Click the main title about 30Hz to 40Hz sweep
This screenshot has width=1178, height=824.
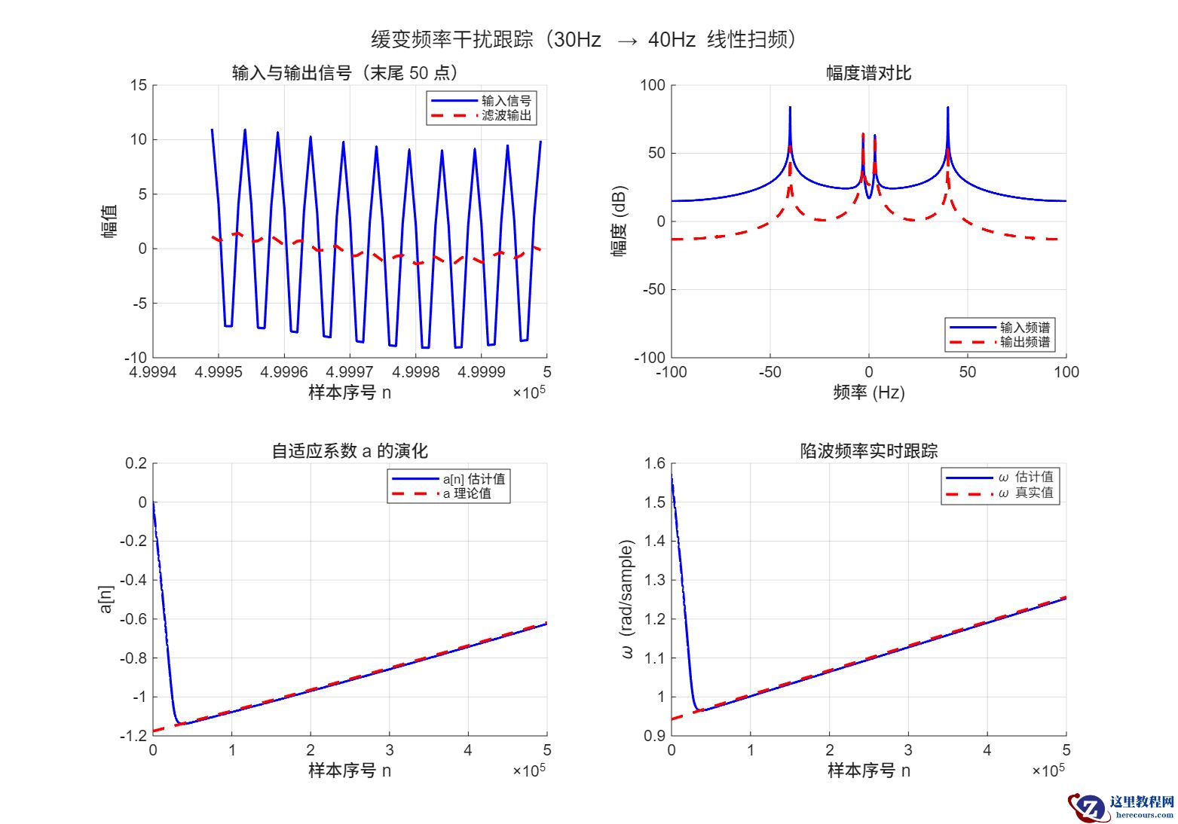584,39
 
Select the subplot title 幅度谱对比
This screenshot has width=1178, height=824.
868,73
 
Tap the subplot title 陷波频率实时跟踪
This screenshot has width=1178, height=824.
868,451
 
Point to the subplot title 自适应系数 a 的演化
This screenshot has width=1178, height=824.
350,451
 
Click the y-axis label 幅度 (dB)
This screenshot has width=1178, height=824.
620,221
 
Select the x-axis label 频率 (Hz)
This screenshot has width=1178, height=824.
868,392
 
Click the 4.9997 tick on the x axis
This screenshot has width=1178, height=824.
350,372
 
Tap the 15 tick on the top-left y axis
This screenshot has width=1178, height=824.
139,85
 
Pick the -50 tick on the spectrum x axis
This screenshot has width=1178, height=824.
770,372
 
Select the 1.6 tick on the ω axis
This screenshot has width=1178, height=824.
655,463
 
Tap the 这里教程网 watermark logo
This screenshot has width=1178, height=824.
1122,807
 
